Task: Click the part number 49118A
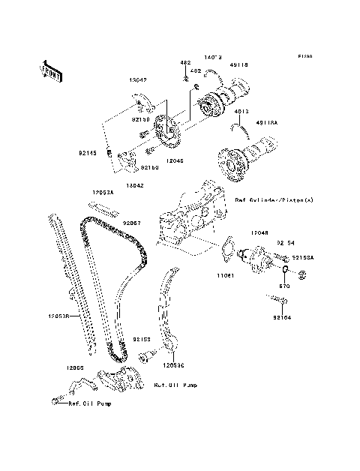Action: pyautogui.click(x=266, y=124)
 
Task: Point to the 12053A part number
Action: pyautogui.click(x=103, y=192)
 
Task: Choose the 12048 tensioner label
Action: pyautogui.click(x=259, y=232)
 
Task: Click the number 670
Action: pyautogui.click(x=283, y=286)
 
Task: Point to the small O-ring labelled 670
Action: pyautogui.click(x=286, y=268)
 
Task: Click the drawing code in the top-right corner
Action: pyautogui.click(x=304, y=56)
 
